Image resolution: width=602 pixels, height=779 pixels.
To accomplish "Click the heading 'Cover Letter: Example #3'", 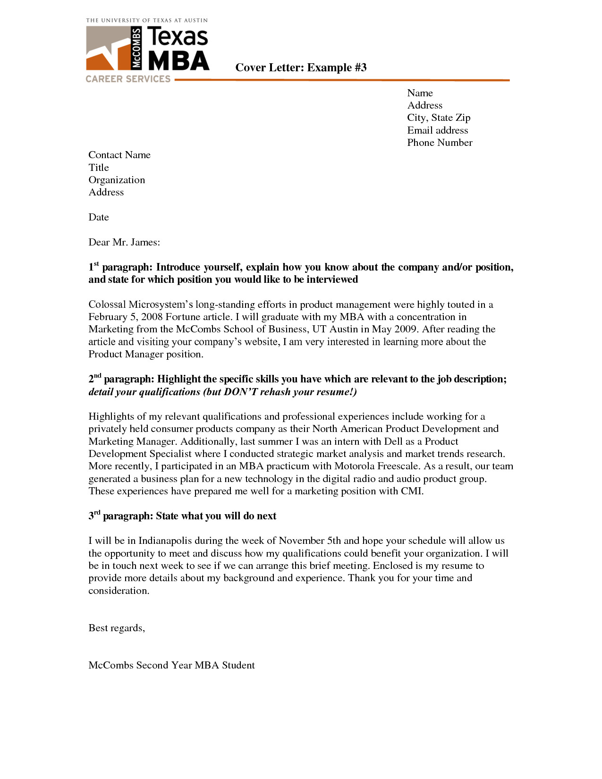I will coord(301,68).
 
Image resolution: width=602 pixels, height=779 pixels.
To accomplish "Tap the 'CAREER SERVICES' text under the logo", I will coord(128,79).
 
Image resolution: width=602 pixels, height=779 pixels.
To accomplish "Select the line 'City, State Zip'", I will coord(439,118).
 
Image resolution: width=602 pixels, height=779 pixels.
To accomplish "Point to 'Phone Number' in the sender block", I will coord(440,143).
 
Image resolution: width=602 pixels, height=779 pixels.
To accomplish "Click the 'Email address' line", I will coord(438,130).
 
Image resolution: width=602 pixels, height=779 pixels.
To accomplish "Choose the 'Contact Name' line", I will coord(119,155).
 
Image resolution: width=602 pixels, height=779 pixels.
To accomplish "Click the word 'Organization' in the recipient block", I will coord(117,180).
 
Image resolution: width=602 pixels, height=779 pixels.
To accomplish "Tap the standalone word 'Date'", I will coord(99,217).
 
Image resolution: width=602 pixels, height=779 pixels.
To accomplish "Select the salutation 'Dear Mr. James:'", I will coord(124,242).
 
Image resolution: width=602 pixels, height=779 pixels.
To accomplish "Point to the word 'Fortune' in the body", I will coord(183,317).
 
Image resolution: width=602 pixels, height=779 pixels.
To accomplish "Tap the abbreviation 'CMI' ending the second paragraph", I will coord(411,491).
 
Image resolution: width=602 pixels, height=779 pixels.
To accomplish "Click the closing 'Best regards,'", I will coord(117,628).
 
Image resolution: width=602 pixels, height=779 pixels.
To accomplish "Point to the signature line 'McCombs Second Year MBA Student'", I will coord(171,665).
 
